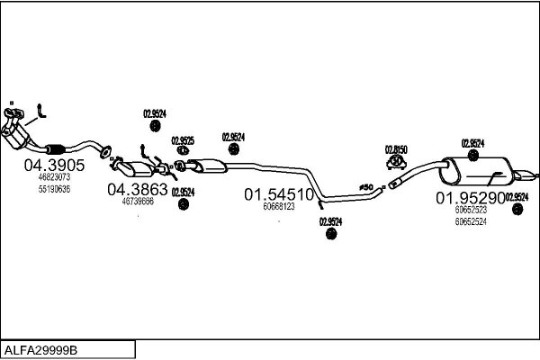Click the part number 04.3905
(x=54, y=166)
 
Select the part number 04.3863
(x=138, y=189)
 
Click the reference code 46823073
(x=54, y=177)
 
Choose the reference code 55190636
(x=54, y=189)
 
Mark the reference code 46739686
(x=138, y=201)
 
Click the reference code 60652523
(x=471, y=210)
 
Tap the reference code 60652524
(x=471, y=220)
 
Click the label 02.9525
(x=183, y=140)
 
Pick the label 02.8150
(x=397, y=149)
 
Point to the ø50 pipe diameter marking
(x=366, y=187)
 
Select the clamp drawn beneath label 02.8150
(x=395, y=163)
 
